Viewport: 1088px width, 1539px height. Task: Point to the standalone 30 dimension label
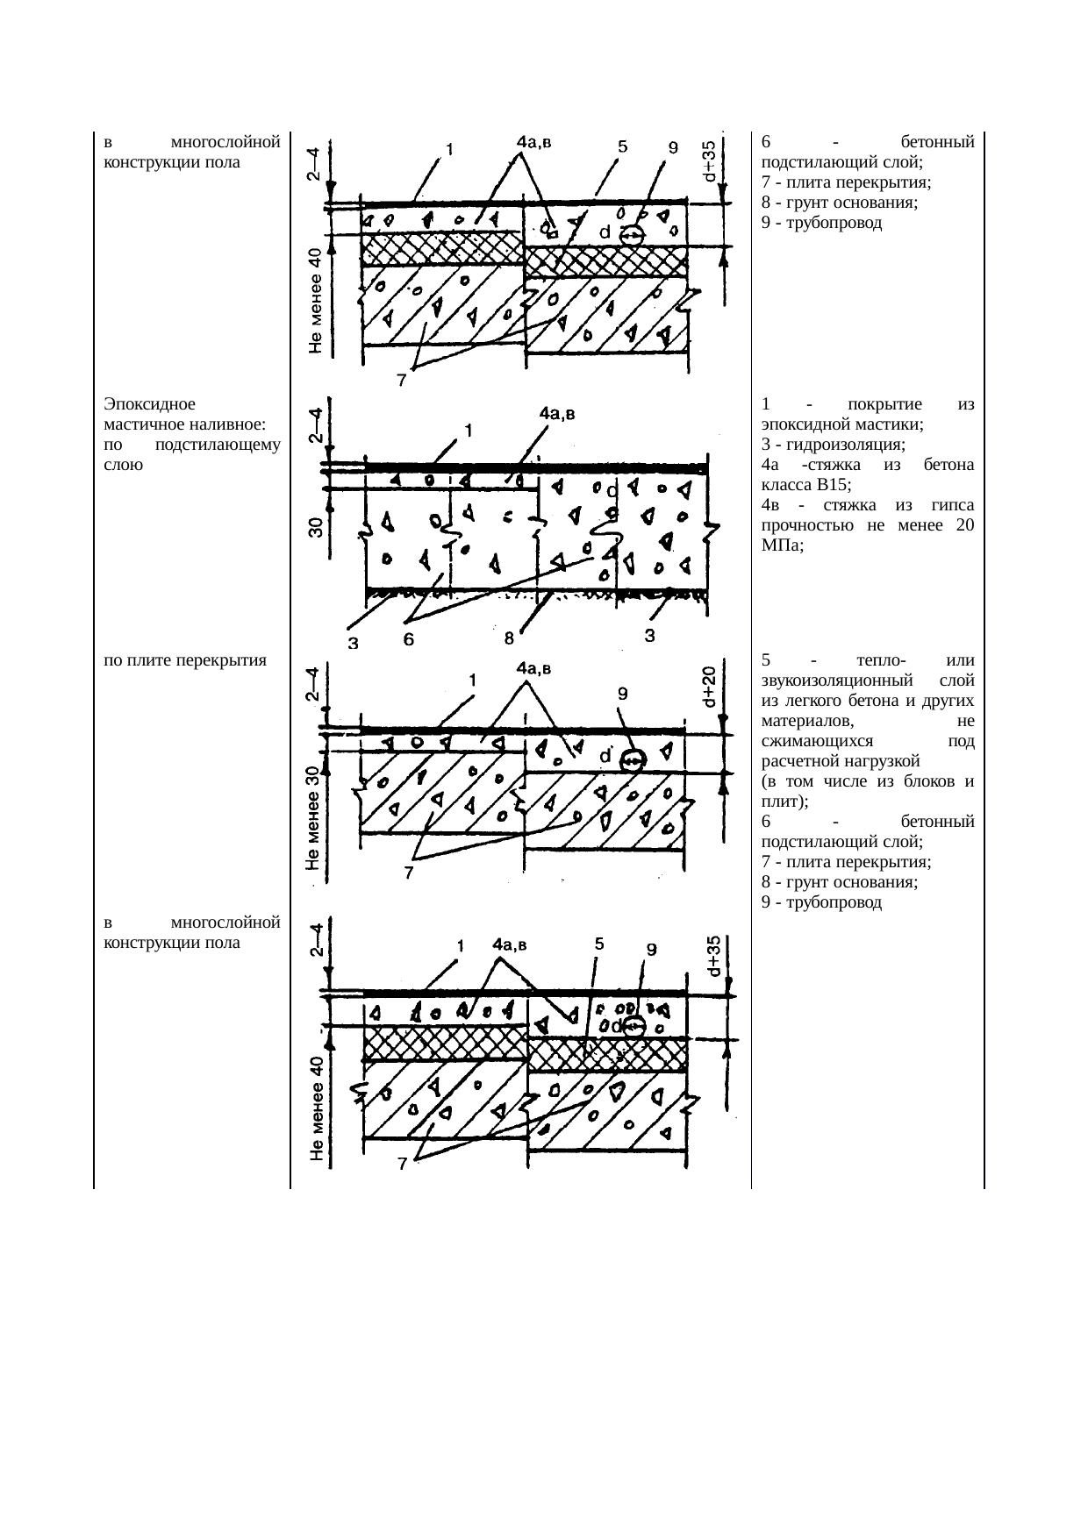(316, 526)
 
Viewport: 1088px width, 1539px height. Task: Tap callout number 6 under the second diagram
(409, 641)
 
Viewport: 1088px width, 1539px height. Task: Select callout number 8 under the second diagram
(509, 640)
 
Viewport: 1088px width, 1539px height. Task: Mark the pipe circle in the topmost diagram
(632, 235)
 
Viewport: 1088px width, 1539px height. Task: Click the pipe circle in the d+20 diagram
(632, 761)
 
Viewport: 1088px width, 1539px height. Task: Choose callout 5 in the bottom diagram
(598, 944)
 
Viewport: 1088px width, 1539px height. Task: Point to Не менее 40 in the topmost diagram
(315, 301)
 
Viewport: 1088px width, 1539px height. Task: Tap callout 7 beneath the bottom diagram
(401, 1165)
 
